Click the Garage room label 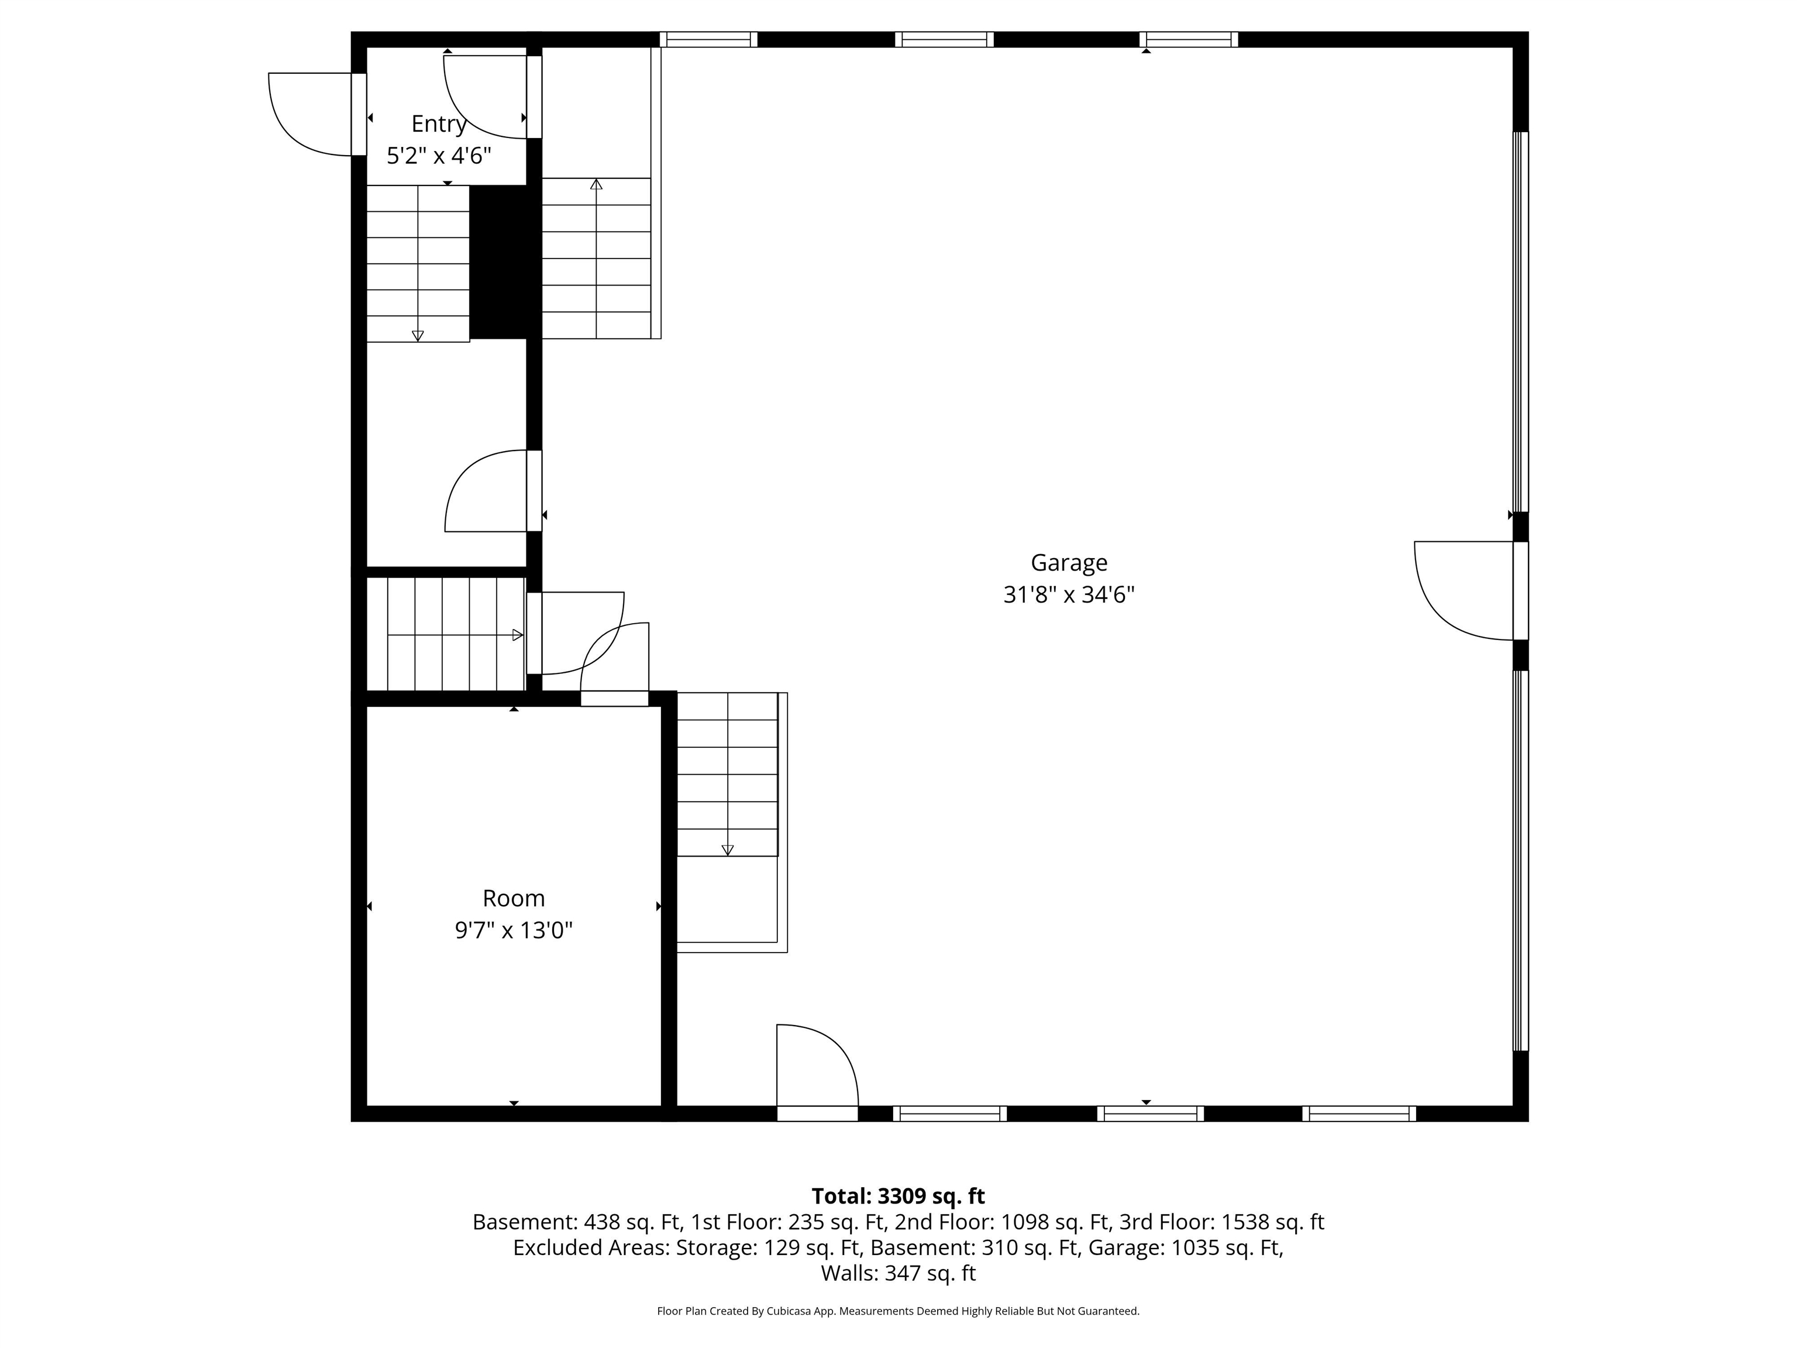click(1068, 562)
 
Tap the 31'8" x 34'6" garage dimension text click(1068, 595)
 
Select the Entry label click(438, 123)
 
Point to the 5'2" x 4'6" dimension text click(439, 155)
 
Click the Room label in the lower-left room click(514, 898)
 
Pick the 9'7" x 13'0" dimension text click(514, 930)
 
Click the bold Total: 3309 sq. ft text click(898, 1196)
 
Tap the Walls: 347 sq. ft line click(898, 1273)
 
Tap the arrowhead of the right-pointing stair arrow click(518, 635)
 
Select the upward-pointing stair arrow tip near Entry click(596, 184)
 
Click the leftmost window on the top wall click(708, 39)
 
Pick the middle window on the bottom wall click(1151, 1113)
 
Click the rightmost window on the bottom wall click(1359, 1113)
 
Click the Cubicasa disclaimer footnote click(898, 1311)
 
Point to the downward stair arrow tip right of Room click(727, 850)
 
